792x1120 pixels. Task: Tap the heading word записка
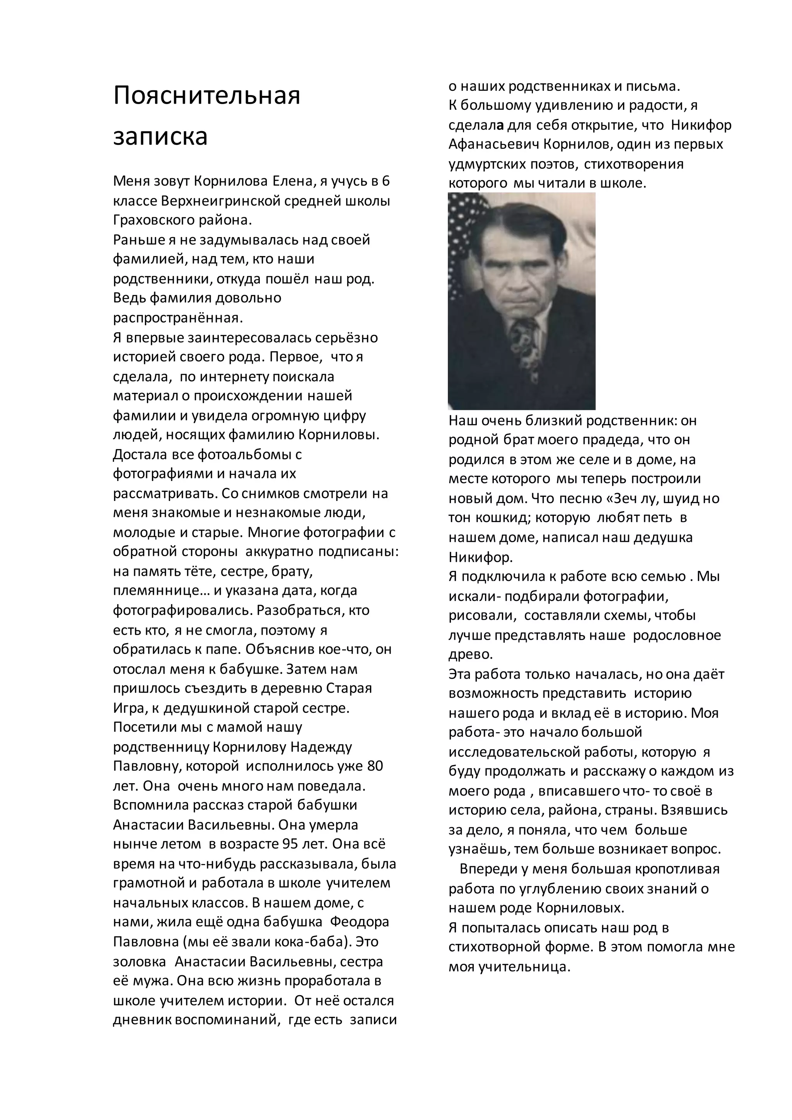[160, 136]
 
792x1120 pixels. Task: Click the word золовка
[140, 961]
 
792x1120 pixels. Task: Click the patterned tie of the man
[527, 351]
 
